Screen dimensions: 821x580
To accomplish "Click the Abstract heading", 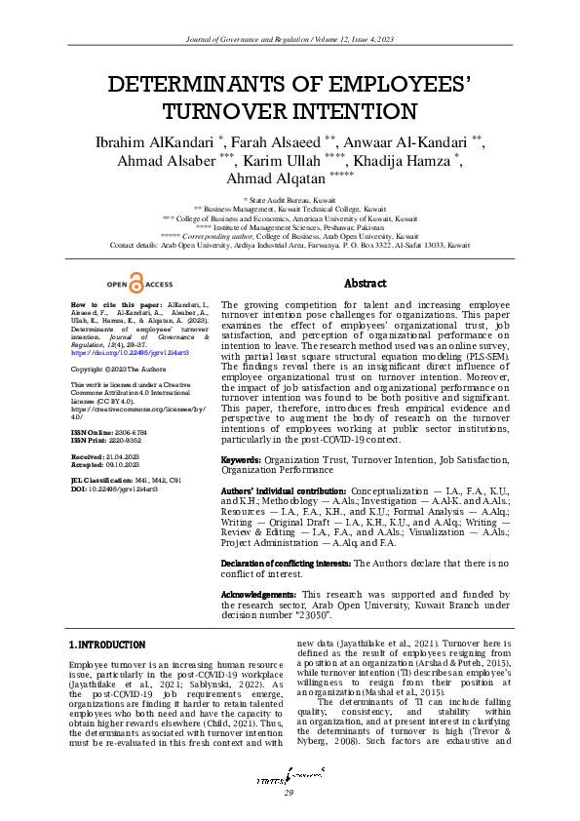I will (x=367, y=283).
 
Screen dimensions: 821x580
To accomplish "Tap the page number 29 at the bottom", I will (x=289, y=794).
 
